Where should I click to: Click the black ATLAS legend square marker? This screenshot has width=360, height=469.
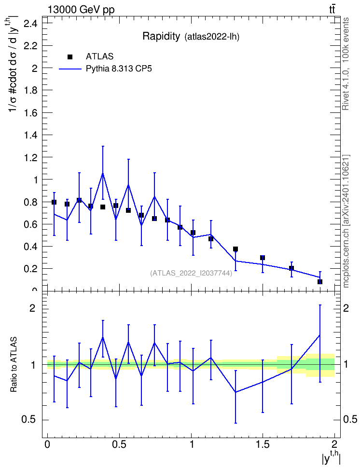pos(70,57)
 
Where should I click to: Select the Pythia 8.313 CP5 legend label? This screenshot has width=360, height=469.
pos(119,69)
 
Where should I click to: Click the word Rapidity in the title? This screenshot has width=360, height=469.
pos(161,36)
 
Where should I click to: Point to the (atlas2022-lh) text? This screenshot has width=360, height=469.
pos(212,37)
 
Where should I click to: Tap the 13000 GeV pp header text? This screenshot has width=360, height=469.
pos(81,10)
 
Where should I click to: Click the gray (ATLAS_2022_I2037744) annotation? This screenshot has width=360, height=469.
pos(191,273)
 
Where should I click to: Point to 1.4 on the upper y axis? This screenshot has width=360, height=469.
pos(30,135)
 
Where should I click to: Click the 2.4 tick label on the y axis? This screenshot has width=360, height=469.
pos(30,24)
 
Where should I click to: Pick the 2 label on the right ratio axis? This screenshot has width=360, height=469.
pos(346,308)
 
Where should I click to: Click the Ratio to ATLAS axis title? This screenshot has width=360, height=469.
pos(14,365)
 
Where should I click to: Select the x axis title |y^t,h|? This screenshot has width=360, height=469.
pos(331,457)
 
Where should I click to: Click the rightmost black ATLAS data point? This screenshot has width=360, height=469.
pos(320,282)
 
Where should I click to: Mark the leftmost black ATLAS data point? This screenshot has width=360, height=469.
pos(54,202)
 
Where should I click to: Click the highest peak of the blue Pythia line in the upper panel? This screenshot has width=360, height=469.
pos(103,173)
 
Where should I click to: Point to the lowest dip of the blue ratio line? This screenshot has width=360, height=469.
pos(235,392)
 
